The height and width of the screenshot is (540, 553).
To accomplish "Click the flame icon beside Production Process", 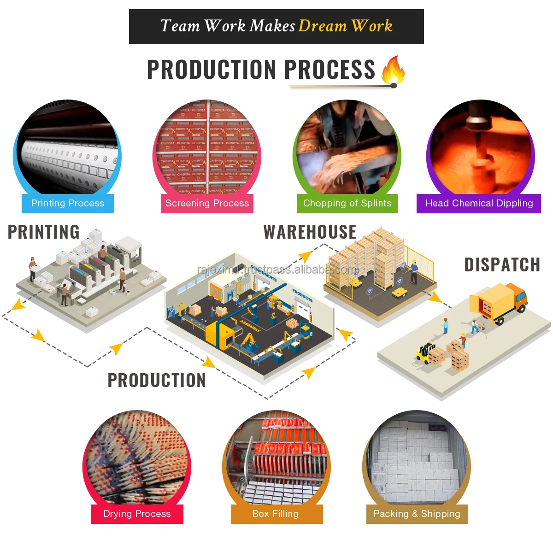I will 393,70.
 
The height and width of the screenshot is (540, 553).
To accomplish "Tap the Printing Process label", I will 68,203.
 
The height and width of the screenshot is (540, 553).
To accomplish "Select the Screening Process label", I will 207,203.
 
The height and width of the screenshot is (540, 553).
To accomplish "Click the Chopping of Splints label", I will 347,203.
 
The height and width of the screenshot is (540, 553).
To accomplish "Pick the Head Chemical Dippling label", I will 479,203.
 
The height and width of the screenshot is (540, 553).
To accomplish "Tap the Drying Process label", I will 137,514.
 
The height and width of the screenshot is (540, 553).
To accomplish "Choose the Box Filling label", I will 276,514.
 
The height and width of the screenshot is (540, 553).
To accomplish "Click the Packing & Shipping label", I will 417,514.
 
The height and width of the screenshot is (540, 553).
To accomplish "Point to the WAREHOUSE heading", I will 310,232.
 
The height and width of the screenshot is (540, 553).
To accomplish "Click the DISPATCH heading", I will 502,265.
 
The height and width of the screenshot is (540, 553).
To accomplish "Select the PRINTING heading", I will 44,232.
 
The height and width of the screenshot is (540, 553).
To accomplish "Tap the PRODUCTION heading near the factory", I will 157,381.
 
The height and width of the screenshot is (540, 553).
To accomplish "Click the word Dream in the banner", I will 322,26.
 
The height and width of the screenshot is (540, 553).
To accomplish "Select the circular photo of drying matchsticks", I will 137,456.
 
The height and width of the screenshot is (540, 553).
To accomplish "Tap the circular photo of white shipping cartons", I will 417,458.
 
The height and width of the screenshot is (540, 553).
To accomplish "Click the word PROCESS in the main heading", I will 329,70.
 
